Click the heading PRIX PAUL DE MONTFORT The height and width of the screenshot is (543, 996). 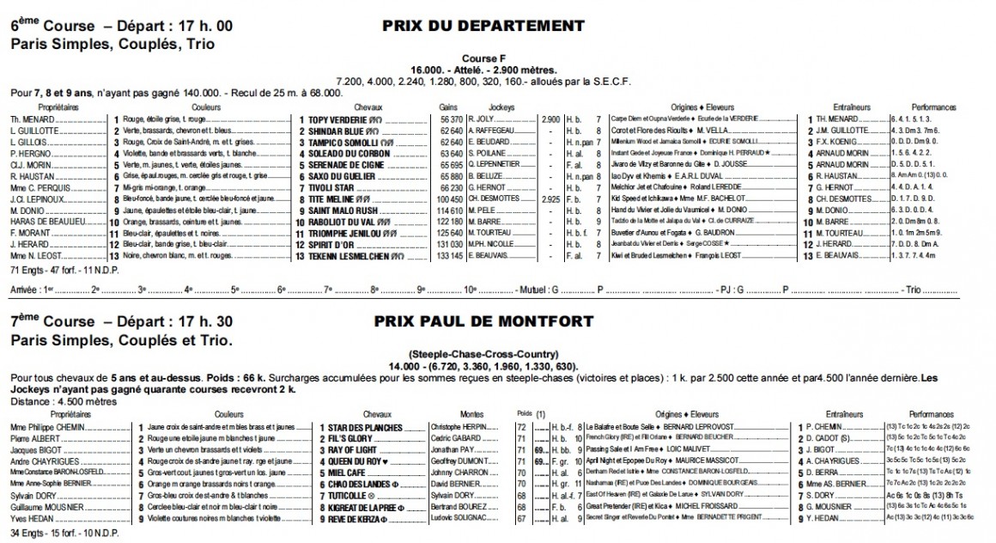tap(483, 321)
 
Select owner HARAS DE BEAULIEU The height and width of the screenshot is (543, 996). tap(46, 220)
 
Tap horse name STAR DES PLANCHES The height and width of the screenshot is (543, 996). tap(355, 426)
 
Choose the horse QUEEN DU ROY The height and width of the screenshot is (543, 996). tap(350, 461)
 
